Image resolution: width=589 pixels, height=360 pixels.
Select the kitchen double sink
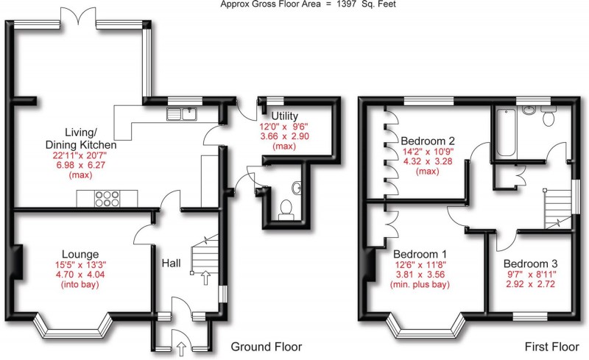[180, 113]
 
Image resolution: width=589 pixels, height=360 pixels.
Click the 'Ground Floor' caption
[266, 347]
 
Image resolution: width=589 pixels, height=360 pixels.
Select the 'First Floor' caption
[549, 347]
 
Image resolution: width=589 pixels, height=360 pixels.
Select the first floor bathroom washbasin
[528, 111]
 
